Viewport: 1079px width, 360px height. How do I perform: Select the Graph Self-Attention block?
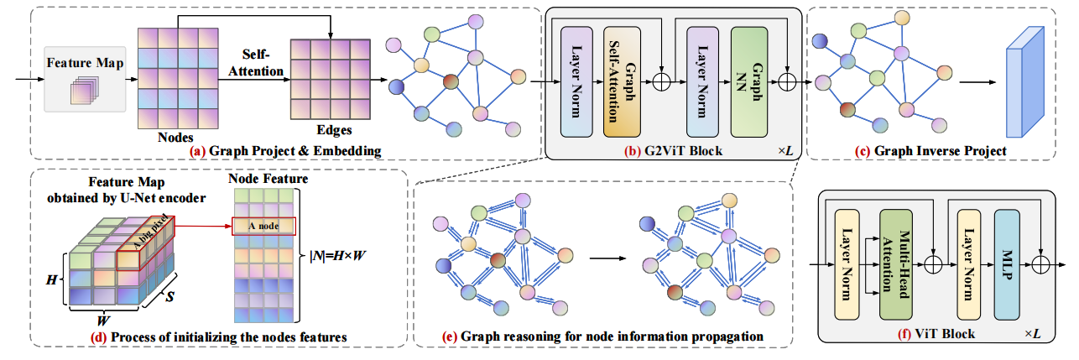[623, 81]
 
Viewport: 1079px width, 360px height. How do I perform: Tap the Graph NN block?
[750, 81]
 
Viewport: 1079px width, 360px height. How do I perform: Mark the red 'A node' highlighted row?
[263, 227]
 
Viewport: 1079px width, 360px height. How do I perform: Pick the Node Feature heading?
[263, 179]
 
